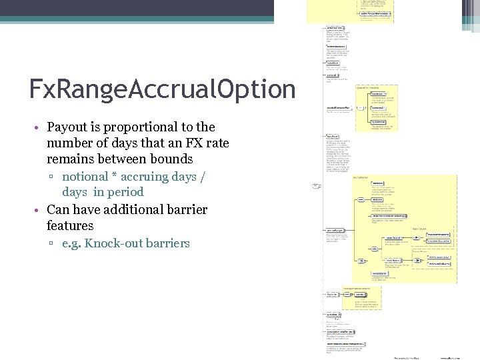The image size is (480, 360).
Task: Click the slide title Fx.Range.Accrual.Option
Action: point(162,89)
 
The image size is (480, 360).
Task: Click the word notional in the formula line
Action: point(85,176)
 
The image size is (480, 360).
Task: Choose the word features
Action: point(70,225)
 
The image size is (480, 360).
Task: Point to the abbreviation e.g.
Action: point(71,243)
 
